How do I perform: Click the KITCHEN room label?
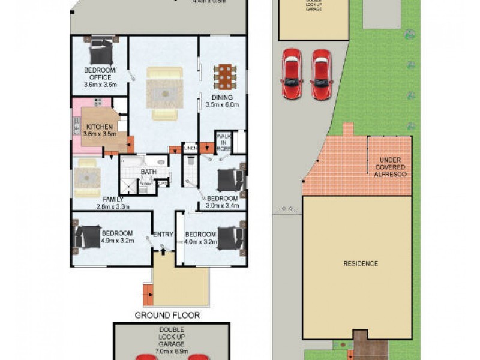[98, 127]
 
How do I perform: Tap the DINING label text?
[222, 97]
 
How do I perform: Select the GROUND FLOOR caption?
[167, 315]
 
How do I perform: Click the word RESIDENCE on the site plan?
[361, 263]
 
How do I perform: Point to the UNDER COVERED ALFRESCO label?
[390, 167]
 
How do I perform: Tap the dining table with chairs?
[223, 76]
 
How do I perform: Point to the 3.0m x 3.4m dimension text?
[223, 206]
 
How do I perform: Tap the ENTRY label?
[163, 235]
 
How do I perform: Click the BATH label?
[148, 172]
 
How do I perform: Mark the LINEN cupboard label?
[190, 148]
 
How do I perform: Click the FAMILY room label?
[112, 199]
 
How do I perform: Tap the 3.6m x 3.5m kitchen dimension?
[98, 135]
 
